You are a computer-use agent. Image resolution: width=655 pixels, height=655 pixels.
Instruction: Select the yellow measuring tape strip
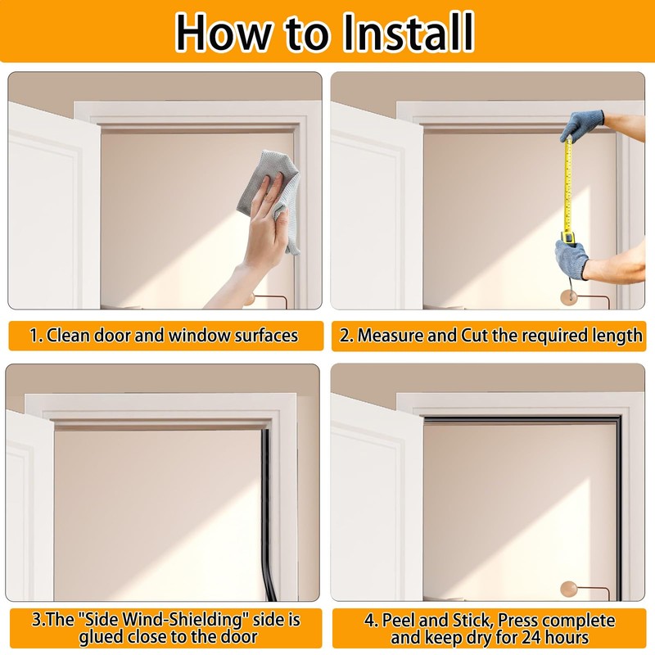tap(566, 188)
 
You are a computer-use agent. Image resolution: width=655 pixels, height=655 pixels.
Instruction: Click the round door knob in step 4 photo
tap(569, 588)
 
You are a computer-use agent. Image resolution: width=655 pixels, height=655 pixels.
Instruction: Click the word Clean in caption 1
tap(66, 335)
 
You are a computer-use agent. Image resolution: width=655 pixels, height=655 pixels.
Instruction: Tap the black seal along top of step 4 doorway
tap(520, 419)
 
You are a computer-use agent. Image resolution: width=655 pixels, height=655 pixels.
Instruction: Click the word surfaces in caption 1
tap(262, 335)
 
